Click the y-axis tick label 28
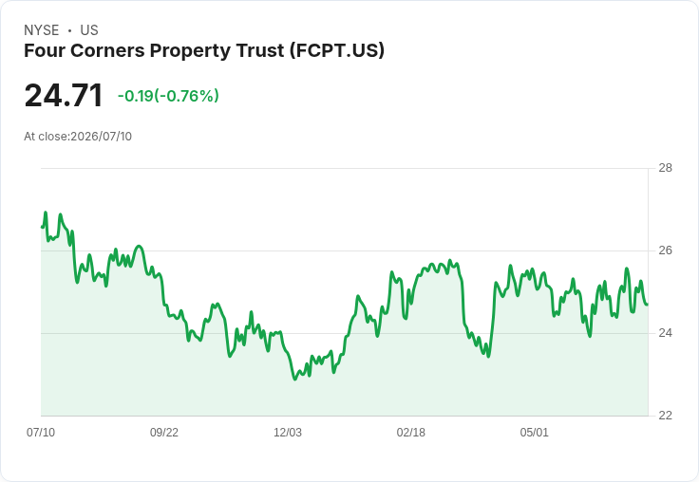[x=665, y=168]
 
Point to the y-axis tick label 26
[x=665, y=250]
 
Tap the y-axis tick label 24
[x=665, y=333]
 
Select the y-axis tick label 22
[x=665, y=416]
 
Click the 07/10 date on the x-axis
[x=41, y=432]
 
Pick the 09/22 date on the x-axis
[x=164, y=432]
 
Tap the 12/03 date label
[x=288, y=432]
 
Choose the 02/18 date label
[x=411, y=432]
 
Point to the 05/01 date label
[x=534, y=432]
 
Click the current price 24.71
[x=64, y=95]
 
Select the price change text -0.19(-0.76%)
[x=168, y=96]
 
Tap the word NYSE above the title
[x=42, y=30]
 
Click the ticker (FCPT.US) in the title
[x=337, y=50]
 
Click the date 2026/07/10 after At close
[x=102, y=137]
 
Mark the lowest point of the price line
[x=294, y=380]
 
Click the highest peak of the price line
[x=46, y=213]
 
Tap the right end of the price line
[x=648, y=305]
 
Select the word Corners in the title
[x=107, y=50]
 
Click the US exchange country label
[x=89, y=30]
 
